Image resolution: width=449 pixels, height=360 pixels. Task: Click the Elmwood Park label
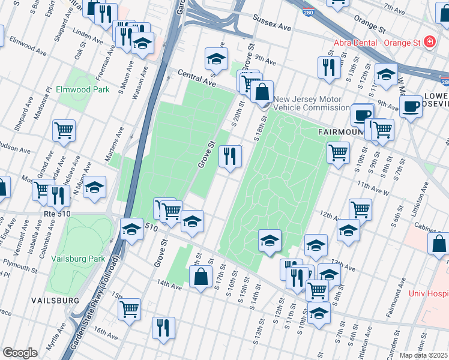point(83,89)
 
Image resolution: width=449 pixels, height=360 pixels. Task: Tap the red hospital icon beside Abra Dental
point(429,42)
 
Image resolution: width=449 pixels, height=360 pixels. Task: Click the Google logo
point(20,352)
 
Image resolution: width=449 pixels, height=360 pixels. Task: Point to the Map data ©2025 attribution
point(424,355)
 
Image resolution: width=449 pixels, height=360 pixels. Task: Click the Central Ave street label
point(196,77)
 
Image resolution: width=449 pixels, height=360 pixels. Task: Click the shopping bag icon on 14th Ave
point(200,277)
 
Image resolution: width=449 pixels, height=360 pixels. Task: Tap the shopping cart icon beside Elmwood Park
point(64,130)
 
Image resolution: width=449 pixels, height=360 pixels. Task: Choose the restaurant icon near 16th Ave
point(163,328)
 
